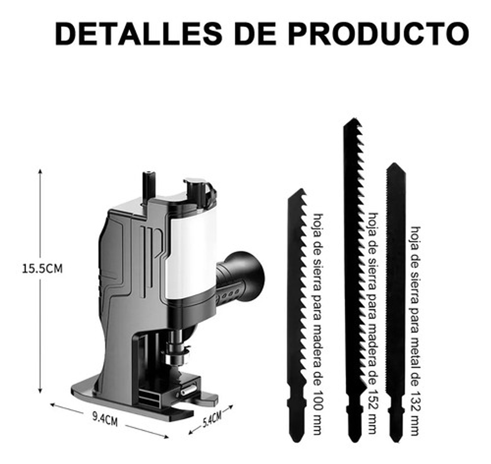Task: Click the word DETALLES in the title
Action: pyautogui.click(x=138, y=34)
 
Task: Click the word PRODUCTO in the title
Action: pyautogui.click(x=378, y=34)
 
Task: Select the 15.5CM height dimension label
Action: pyautogui.click(x=42, y=268)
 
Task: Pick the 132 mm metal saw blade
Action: pyautogui.click(x=395, y=297)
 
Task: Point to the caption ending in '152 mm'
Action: pyautogui.click(x=373, y=323)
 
